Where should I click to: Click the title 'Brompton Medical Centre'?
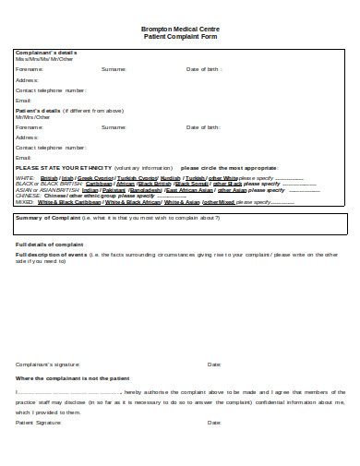[x=180, y=30]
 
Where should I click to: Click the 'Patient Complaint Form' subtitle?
[x=180, y=36]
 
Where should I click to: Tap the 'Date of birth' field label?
[x=203, y=69]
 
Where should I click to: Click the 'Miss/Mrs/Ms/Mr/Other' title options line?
[x=38, y=60]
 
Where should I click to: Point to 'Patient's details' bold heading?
[x=36, y=109]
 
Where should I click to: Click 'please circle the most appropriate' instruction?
[x=229, y=167]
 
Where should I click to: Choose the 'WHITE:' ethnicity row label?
[x=25, y=177]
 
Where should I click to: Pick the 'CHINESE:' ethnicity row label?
[x=28, y=196]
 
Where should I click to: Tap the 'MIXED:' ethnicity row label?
[x=25, y=201]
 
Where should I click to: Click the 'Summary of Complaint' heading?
[x=46, y=218]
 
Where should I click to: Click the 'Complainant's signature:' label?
[x=47, y=364]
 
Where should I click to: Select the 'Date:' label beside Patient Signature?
[x=214, y=422]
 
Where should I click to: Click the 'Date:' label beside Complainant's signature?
[x=214, y=364]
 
